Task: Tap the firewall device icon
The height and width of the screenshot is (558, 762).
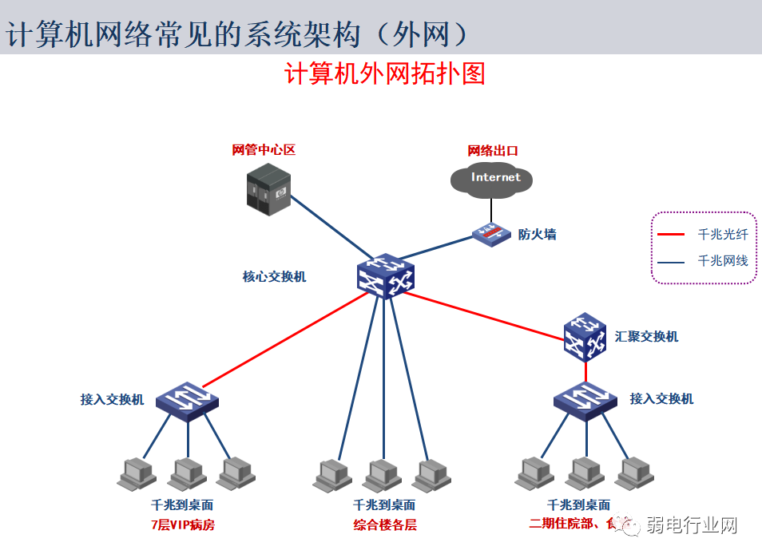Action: (x=490, y=233)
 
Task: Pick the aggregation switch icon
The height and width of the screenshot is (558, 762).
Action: (x=585, y=336)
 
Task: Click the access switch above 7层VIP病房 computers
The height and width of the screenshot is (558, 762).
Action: (x=186, y=397)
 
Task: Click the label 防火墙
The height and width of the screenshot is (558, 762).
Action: (x=538, y=234)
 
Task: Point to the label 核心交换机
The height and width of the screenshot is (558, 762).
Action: (x=274, y=277)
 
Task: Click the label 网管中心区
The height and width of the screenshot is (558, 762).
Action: (x=264, y=149)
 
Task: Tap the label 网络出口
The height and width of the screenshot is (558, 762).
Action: (x=493, y=150)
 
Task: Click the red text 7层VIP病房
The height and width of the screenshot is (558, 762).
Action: (x=182, y=524)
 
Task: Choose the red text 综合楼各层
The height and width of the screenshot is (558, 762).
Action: (x=385, y=524)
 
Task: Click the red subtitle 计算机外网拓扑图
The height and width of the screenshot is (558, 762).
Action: (x=385, y=74)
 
